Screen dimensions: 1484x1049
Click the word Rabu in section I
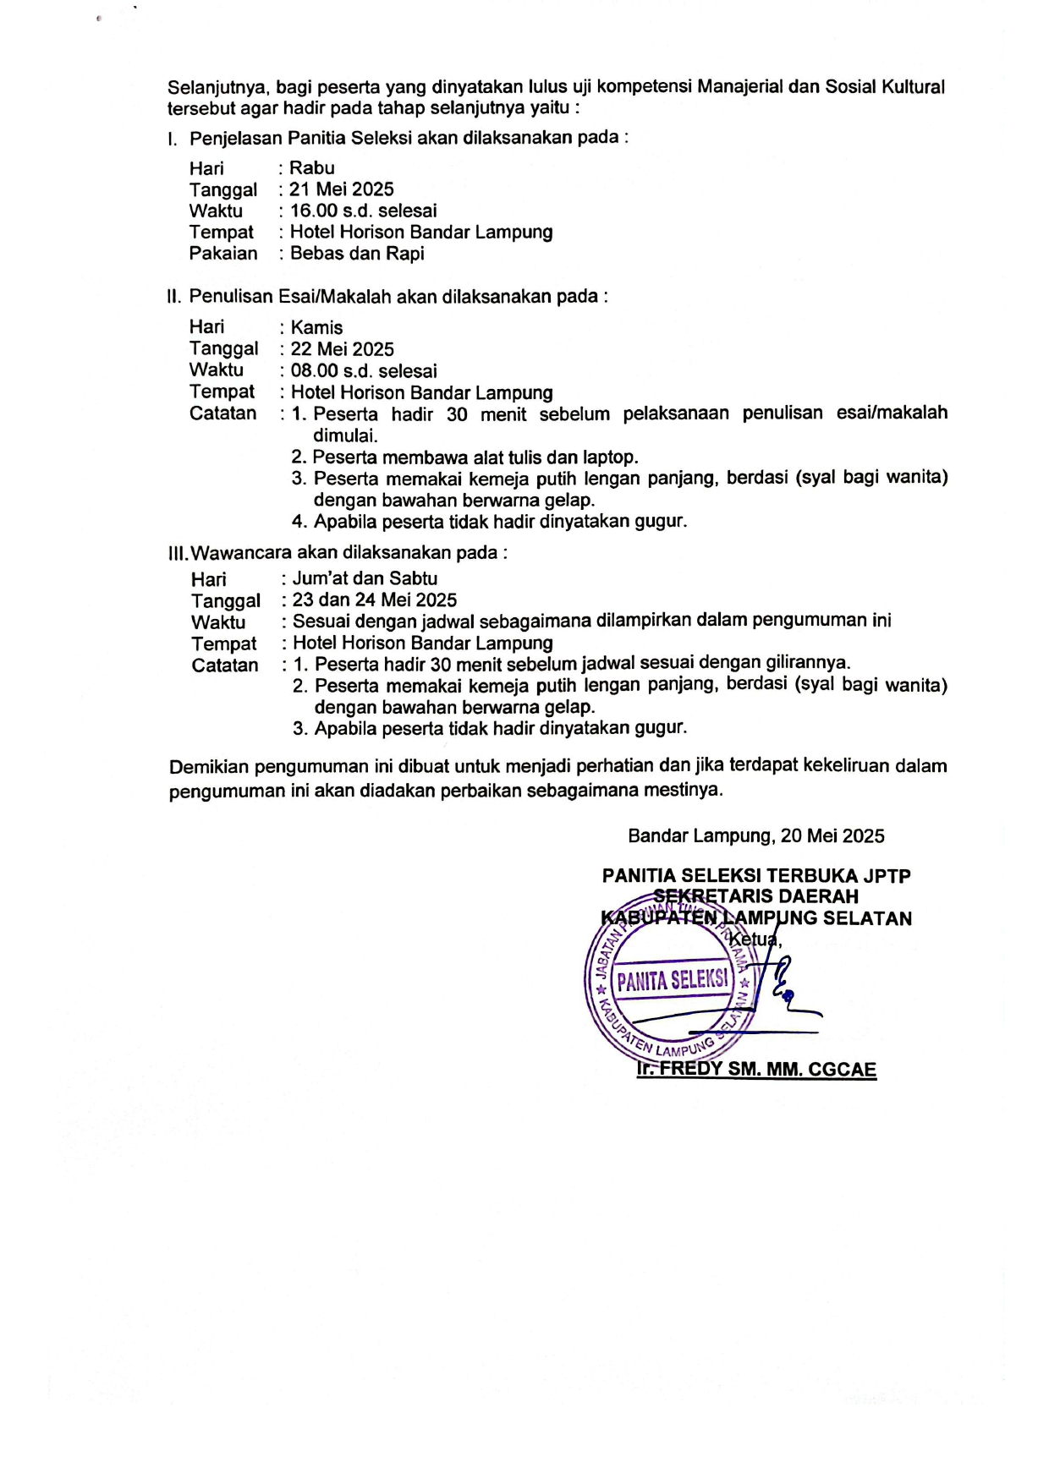[x=312, y=167]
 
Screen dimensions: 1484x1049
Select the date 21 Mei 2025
[x=342, y=189]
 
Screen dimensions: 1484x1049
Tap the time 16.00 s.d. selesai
[x=364, y=211]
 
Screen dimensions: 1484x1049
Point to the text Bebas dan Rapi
[x=357, y=254]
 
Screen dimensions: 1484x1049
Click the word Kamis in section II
[x=317, y=327]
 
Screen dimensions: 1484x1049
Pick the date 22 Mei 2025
[x=343, y=349]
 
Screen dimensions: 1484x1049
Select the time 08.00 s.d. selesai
[x=364, y=370]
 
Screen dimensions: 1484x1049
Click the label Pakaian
[x=223, y=254]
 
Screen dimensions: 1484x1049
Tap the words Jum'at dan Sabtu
[x=365, y=578]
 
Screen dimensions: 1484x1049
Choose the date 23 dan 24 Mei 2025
[x=375, y=600]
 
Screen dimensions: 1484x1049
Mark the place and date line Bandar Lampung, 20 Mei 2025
[x=755, y=836]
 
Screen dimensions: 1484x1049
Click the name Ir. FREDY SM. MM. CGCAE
[x=756, y=1069]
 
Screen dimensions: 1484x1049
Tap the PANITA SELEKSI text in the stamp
[x=672, y=981]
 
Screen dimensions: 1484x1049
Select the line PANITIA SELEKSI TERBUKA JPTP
[x=755, y=876]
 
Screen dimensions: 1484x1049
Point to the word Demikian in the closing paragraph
[x=209, y=767]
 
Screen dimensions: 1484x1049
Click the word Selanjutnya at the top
[x=219, y=87]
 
